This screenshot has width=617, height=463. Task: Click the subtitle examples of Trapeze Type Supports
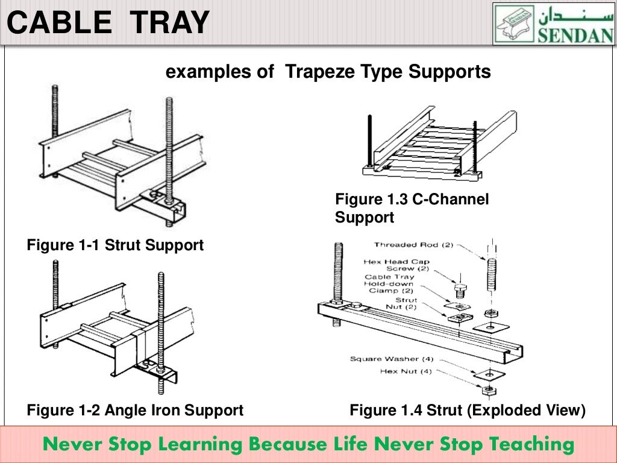(328, 72)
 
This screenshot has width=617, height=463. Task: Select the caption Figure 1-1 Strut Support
(115, 245)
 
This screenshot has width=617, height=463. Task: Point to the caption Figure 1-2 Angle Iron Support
(135, 411)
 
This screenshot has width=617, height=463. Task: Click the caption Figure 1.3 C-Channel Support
(412, 208)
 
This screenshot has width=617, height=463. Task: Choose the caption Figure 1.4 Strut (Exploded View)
(468, 411)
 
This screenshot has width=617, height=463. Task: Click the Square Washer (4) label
(391, 359)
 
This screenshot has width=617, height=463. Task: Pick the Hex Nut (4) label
(406, 371)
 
